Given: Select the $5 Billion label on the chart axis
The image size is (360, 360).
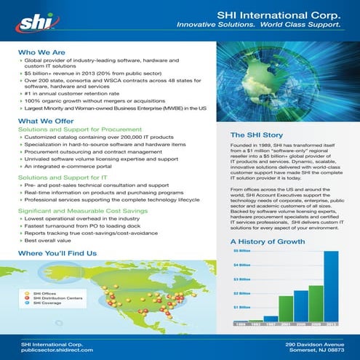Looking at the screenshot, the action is [x=241, y=252].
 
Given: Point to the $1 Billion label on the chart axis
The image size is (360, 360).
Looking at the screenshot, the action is [x=241, y=307].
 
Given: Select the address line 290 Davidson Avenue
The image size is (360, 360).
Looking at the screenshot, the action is [x=313, y=342].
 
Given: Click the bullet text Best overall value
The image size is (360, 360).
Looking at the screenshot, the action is [x=52, y=239].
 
